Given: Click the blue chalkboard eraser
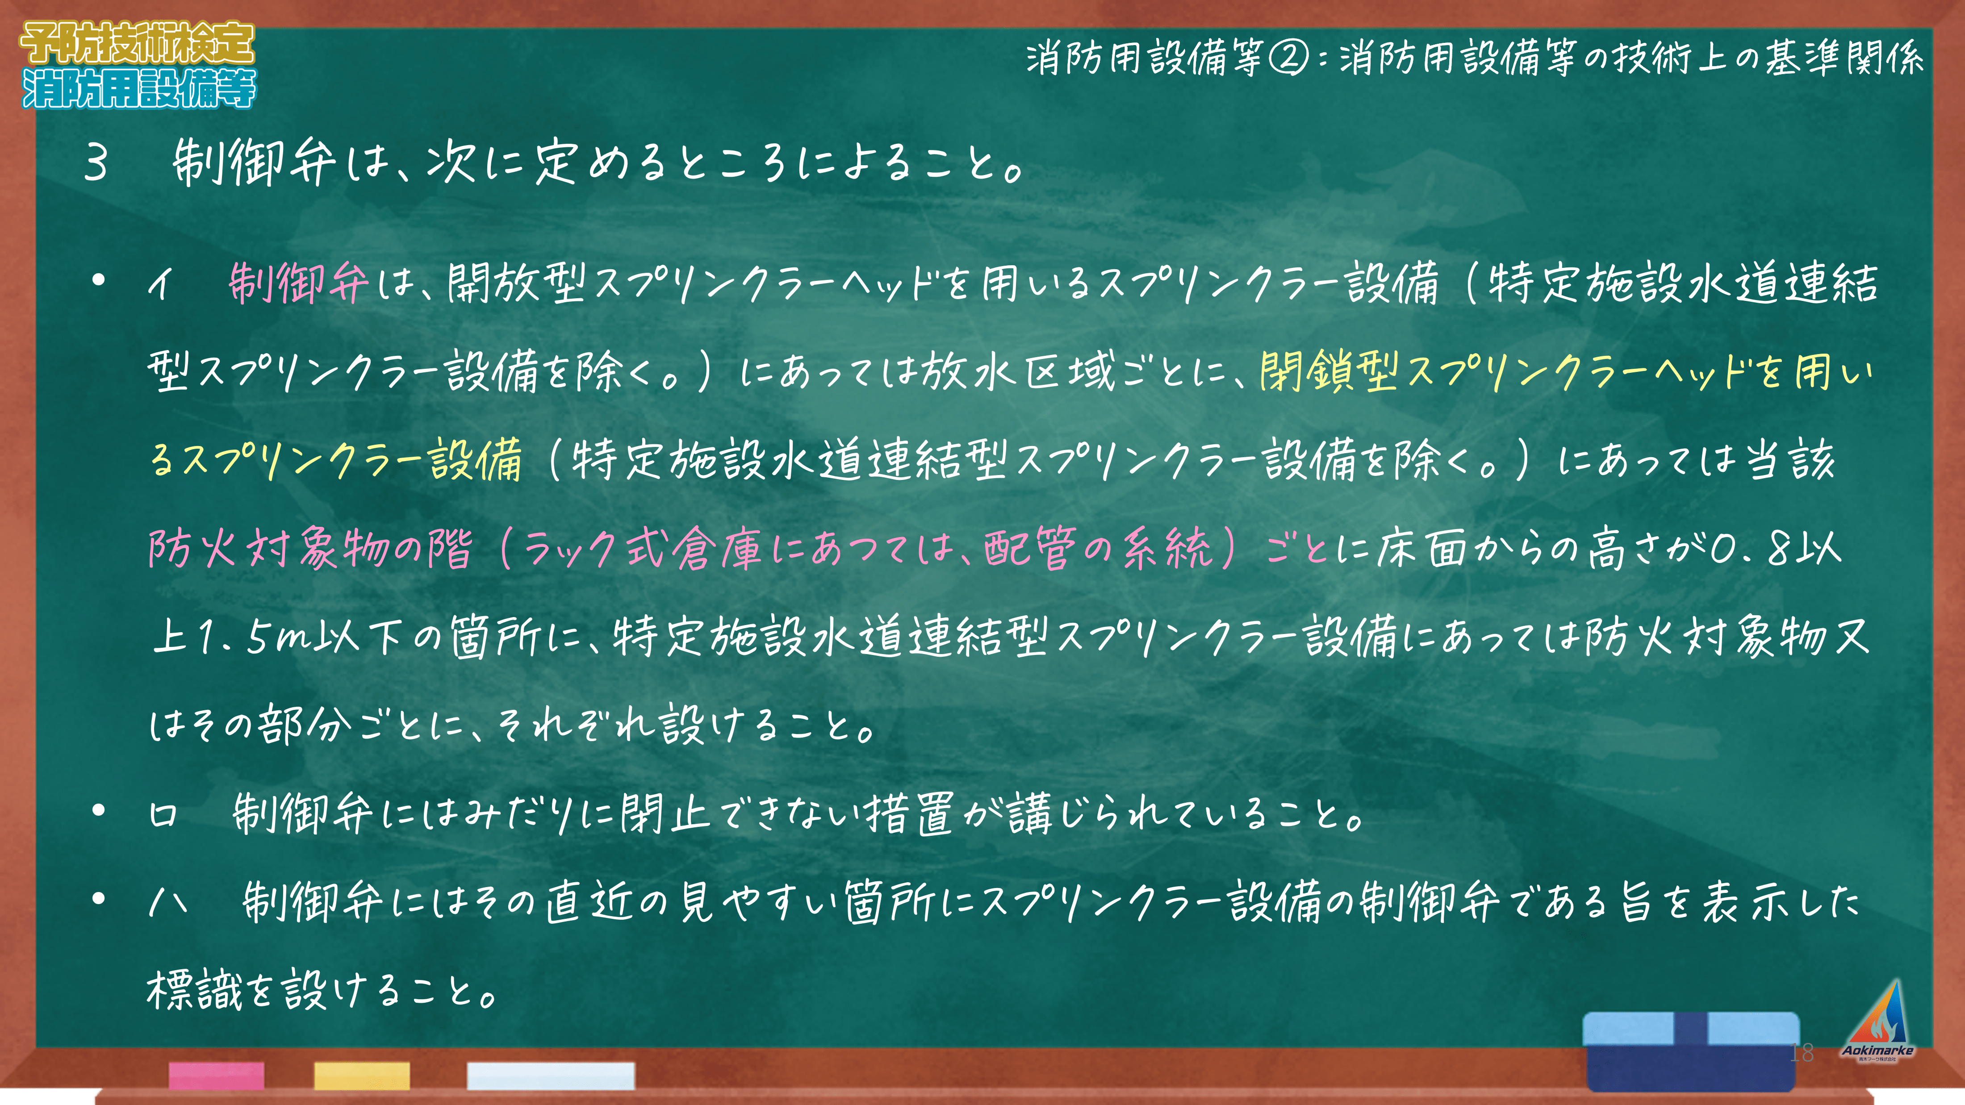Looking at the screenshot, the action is click(1691, 1051).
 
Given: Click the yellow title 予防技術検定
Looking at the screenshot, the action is click(137, 43).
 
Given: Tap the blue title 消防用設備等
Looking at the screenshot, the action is click(139, 88).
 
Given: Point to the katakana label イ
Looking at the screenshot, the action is click(161, 283).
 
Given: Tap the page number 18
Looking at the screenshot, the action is click(1802, 1053).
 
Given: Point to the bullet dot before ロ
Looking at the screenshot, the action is click(98, 811).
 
